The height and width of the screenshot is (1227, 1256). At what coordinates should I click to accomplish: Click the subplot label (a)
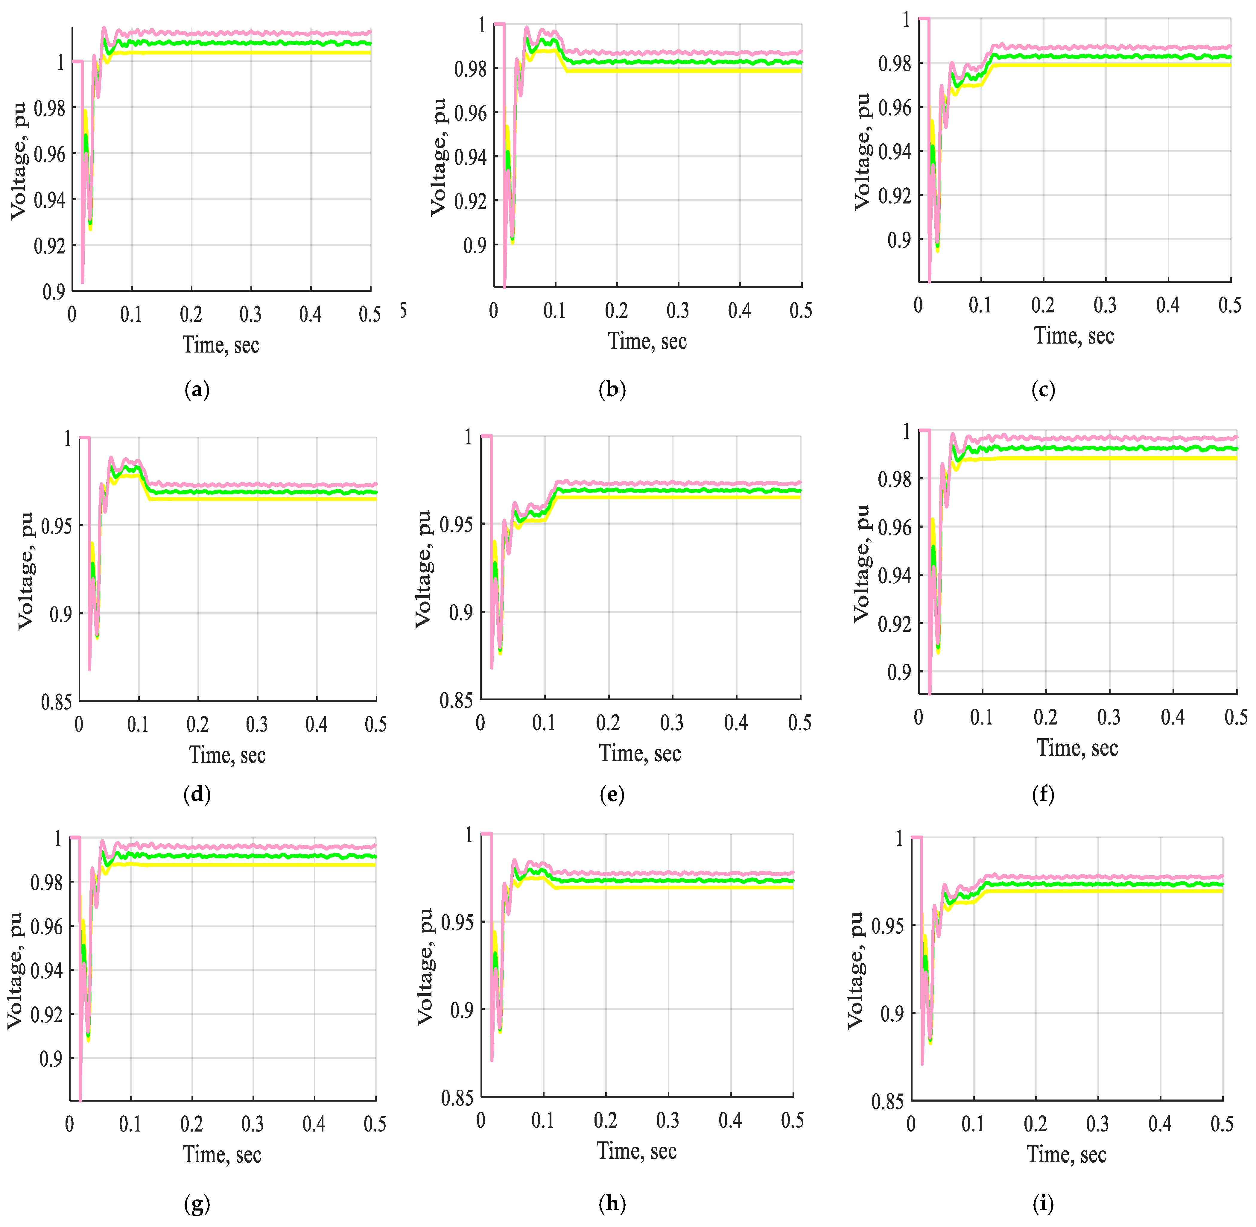(197, 390)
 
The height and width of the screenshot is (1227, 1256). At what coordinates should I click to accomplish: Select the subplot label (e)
(612, 795)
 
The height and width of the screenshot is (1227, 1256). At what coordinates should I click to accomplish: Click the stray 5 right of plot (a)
(403, 311)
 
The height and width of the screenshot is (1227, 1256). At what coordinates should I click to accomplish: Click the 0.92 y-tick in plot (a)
(50, 245)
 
